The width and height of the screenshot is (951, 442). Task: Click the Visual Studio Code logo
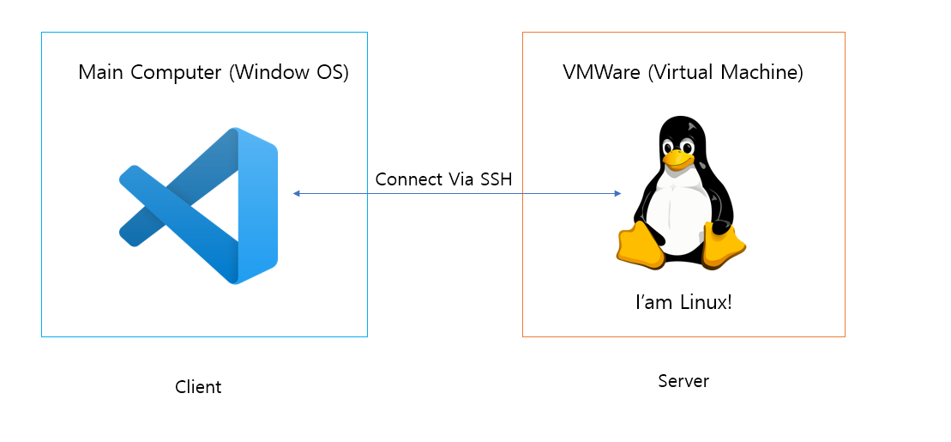pyautogui.click(x=198, y=206)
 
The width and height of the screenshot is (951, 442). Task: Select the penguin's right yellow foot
pyautogui.click(x=724, y=246)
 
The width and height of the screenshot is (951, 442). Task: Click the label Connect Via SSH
pyautogui.click(x=443, y=179)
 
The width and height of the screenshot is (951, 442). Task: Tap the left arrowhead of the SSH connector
pyautogui.click(x=297, y=194)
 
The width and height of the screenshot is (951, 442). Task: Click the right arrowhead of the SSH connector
pyautogui.click(x=617, y=194)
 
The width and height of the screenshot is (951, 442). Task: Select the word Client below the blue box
pyautogui.click(x=198, y=387)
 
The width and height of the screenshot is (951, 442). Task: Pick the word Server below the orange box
pyautogui.click(x=683, y=381)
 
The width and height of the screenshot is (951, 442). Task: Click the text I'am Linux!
pyautogui.click(x=683, y=302)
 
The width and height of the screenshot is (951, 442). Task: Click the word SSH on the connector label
pyautogui.click(x=497, y=179)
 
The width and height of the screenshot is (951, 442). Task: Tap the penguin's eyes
pyautogui.click(x=677, y=146)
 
